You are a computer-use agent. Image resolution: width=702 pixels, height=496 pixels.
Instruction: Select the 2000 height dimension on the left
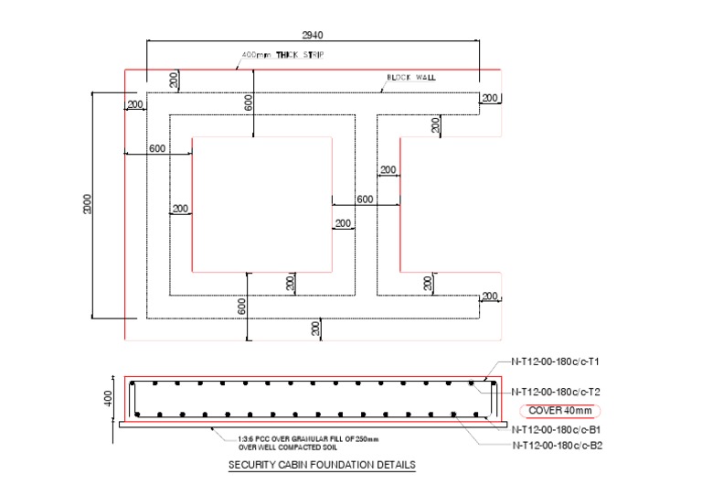tap(88, 206)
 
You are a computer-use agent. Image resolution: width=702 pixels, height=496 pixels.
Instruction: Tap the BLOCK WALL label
tap(411, 78)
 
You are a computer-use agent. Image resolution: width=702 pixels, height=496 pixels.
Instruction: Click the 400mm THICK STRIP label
tap(282, 56)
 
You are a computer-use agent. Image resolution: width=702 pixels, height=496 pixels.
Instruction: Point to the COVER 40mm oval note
tap(558, 410)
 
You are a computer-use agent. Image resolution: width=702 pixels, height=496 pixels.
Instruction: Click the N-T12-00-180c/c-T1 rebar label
tap(555, 361)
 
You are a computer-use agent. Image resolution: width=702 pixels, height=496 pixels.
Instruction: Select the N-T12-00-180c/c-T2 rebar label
tap(555, 391)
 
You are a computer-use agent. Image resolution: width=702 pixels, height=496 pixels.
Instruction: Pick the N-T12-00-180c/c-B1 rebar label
tap(555, 429)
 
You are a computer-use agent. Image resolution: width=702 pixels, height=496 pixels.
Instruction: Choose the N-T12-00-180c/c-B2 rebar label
tap(555, 446)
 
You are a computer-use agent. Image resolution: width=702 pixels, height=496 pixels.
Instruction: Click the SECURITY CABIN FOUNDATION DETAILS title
tap(321, 465)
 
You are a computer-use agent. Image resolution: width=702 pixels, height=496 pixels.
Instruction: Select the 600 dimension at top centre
tap(249, 102)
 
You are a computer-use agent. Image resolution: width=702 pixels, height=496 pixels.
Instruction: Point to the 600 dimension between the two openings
tap(365, 199)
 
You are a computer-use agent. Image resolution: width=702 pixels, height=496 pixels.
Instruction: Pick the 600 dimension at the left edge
tap(157, 148)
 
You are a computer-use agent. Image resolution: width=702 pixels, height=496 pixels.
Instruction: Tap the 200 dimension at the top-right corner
tap(490, 98)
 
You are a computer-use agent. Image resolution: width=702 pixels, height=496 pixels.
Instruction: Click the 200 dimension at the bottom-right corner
tap(490, 296)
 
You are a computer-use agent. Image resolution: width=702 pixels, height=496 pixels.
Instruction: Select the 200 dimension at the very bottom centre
tap(316, 328)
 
